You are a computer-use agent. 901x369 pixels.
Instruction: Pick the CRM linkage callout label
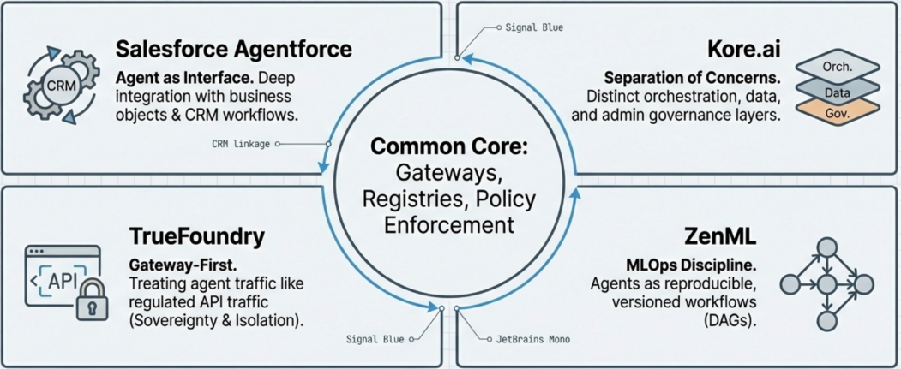click(241, 144)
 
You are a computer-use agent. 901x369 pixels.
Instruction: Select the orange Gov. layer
click(836, 111)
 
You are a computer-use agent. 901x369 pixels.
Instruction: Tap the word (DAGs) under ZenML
click(741, 321)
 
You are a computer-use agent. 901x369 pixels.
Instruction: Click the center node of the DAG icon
click(826, 283)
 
